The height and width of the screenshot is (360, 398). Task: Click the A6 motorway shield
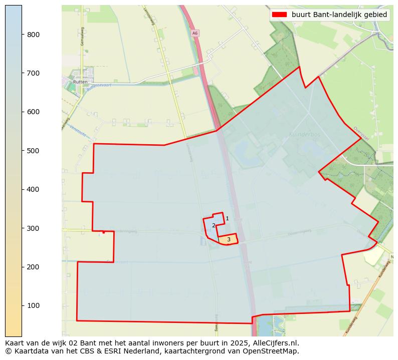[x=195, y=33]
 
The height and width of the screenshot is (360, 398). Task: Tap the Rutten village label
[x=80, y=82]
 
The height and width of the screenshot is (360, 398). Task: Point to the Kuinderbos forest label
[x=304, y=134]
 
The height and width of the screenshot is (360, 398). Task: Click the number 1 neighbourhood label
[x=227, y=218]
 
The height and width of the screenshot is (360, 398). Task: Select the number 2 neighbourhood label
[x=214, y=225]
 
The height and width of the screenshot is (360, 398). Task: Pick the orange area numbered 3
[x=228, y=239]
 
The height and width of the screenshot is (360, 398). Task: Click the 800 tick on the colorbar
[x=34, y=34]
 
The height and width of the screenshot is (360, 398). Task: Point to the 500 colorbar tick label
[x=34, y=151]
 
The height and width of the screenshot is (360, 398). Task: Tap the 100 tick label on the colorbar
[x=34, y=305]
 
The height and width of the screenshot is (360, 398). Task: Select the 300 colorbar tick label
[x=34, y=228]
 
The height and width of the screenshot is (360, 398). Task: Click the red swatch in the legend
[x=279, y=15]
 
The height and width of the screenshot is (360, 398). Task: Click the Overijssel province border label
[x=361, y=131]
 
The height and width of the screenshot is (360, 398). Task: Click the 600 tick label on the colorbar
[x=34, y=112]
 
